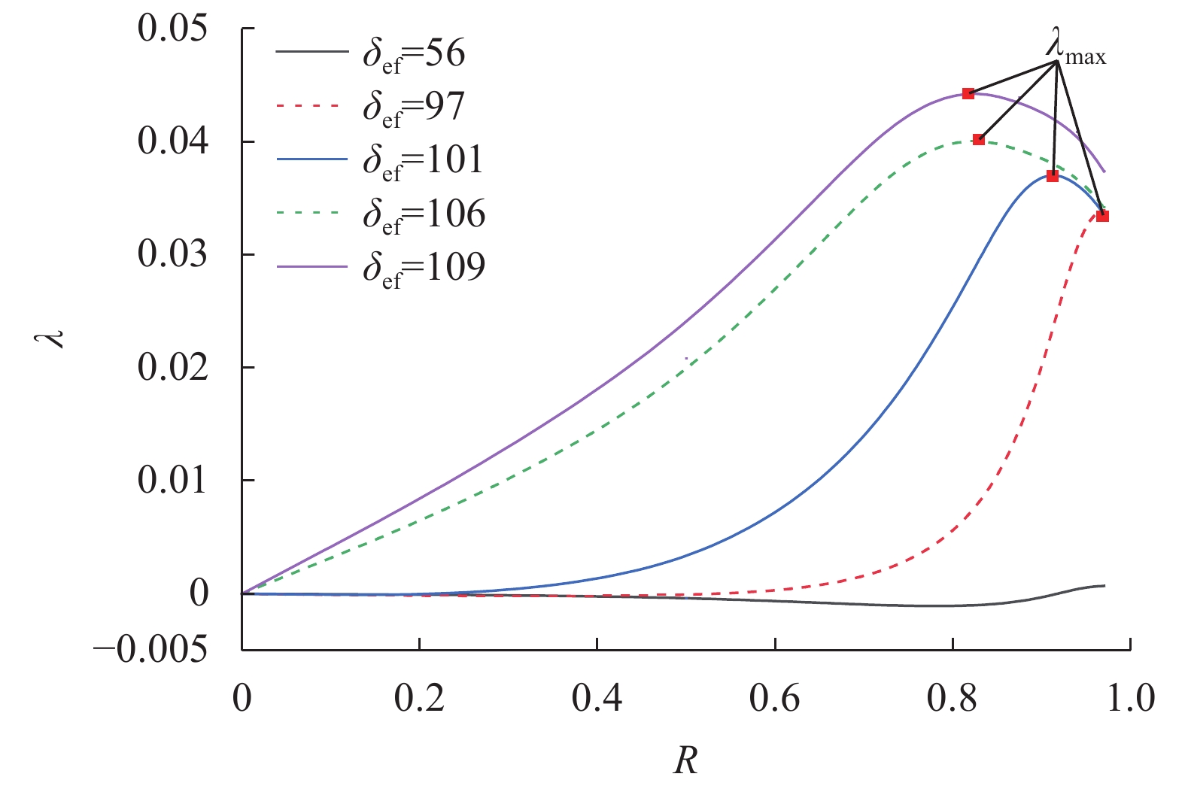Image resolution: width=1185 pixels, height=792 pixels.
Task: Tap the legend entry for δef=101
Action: point(380,160)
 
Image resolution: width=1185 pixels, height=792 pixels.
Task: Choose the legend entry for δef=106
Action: point(380,214)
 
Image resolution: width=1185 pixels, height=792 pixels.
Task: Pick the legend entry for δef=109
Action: point(380,267)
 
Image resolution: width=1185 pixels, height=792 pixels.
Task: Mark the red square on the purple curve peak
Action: point(968,94)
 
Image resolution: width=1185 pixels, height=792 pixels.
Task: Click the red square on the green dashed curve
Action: point(978,139)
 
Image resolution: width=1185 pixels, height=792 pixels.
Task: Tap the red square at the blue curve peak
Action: point(1053,176)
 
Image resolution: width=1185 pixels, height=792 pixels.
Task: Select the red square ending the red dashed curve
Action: point(1102,216)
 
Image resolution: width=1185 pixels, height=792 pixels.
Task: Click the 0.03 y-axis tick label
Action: point(172,254)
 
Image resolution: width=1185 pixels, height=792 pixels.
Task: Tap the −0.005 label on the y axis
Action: point(150,649)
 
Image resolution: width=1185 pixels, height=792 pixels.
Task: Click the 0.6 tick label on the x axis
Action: point(774,699)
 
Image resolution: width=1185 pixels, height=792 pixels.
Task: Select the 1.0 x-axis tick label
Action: point(1129,699)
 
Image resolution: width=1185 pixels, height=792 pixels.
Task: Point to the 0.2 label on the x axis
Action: point(419,699)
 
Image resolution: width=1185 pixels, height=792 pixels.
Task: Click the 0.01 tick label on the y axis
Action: point(172,480)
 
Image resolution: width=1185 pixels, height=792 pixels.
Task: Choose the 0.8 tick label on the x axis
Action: point(952,699)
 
